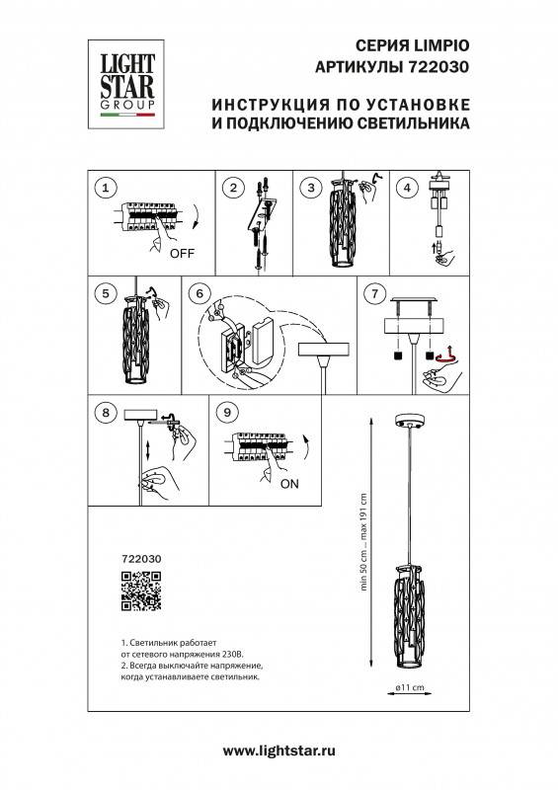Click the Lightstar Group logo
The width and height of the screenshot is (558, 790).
[x=124, y=80]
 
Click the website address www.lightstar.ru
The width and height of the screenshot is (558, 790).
[x=279, y=753]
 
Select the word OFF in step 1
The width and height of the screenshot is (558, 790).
[x=182, y=253]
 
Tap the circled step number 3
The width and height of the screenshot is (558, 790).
[x=310, y=188]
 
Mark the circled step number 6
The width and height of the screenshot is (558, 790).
[x=198, y=293]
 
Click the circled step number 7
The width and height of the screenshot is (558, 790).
[x=373, y=293]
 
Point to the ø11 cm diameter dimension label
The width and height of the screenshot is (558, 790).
[x=409, y=687]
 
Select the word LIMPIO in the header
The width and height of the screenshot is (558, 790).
[x=438, y=46]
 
